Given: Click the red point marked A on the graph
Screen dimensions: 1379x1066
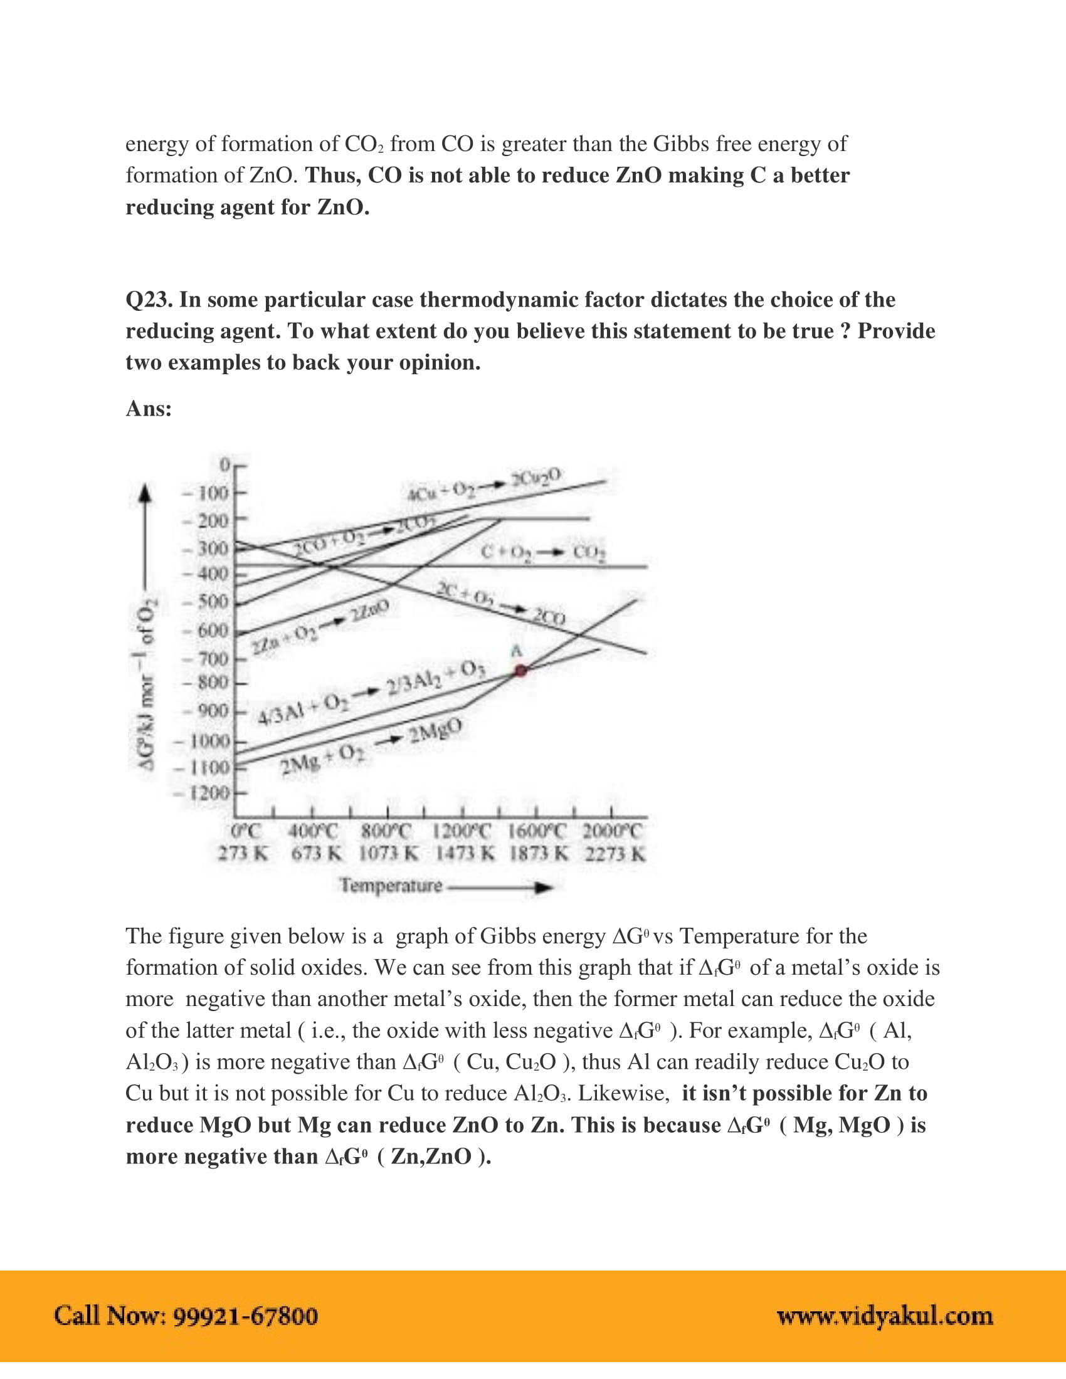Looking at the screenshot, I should coord(520,671).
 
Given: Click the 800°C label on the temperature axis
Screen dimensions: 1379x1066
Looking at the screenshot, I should coord(386,831).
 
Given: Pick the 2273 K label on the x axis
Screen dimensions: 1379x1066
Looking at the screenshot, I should coord(615,855).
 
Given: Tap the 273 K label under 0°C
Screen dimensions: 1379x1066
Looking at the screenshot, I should coord(243,855).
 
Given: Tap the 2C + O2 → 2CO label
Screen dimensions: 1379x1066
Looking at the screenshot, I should coord(501,604).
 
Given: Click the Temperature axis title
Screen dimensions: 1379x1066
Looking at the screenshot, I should coord(391,886).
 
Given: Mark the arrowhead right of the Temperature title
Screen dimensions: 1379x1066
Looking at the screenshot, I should coord(543,888).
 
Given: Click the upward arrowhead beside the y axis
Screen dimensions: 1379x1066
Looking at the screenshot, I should coord(146,494).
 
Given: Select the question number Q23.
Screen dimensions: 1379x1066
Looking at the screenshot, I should coord(149,299).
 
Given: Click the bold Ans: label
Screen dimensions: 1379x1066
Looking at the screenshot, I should coord(149,409).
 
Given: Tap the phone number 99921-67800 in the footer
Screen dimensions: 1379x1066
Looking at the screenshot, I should coord(246,1316).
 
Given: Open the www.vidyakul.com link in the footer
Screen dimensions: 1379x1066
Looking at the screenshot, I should coord(885,1316).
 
